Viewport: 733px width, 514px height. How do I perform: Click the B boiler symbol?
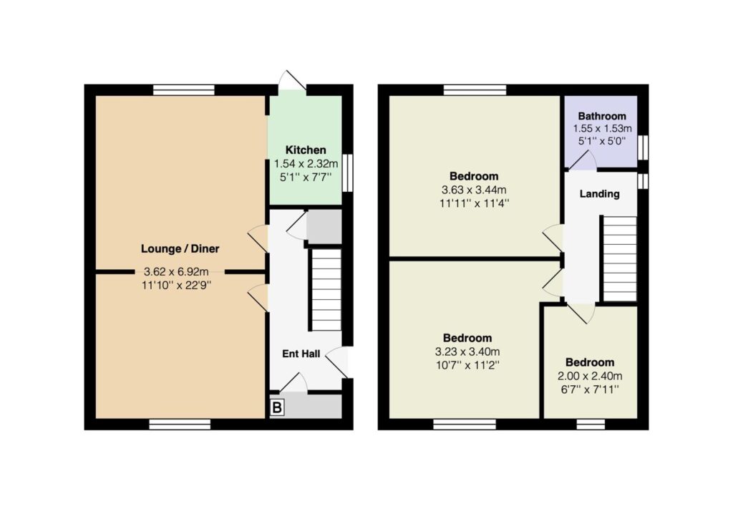pyautogui.click(x=277, y=407)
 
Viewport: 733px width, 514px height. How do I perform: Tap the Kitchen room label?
pyautogui.click(x=306, y=150)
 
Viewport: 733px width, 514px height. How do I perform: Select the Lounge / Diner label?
pyautogui.click(x=180, y=249)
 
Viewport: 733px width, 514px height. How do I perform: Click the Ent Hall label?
pyautogui.click(x=301, y=354)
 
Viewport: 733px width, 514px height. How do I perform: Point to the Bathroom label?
pyautogui.click(x=601, y=116)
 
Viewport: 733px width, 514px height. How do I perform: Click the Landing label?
pyautogui.click(x=599, y=193)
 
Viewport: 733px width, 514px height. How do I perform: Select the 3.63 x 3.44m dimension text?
pyautogui.click(x=474, y=190)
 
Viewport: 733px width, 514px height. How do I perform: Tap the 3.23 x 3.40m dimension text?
pyautogui.click(x=467, y=351)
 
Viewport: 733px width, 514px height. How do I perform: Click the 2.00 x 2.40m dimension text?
pyautogui.click(x=590, y=376)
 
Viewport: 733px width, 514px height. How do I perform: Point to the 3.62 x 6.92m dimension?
pyautogui.click(x=176, y=271)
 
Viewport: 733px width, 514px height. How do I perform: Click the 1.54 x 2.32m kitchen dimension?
pyautogui.click(x=306, y=164)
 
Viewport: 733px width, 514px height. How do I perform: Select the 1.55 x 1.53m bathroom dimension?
pyautogui.click(x=602, y=128)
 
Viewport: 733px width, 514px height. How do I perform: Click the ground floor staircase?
pyautogui.click(x=326, y=290)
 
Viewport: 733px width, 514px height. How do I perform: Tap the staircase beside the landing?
pyautogui.click(x=620, y=258)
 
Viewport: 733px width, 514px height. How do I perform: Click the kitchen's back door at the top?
pyautogui.click(x=292, y=83)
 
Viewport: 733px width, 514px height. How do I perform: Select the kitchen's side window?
pyautogui.click(x=347, y=173)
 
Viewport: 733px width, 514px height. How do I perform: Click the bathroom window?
pyautogui.click(x=644, y=147)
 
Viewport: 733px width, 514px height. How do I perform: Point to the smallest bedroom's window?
pyautogui.click(x=591, y=425)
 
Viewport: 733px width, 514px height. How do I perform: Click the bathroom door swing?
pyautogui.click(x=581, y=160)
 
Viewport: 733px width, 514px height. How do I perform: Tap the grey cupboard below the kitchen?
pyautogui.click(x=324, y=227)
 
